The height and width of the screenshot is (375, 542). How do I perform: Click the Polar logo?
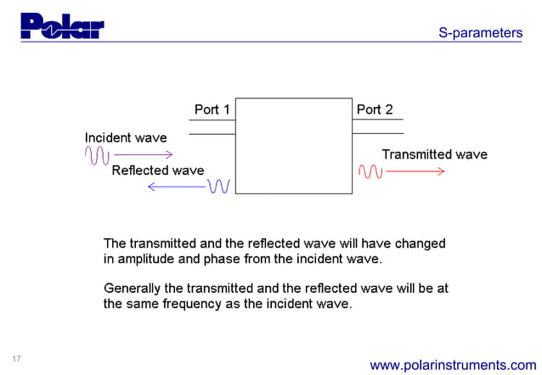(x=61, y=26)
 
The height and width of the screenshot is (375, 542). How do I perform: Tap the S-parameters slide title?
(x=480, y=33)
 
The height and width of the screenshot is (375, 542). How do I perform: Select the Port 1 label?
(x=212, y=109)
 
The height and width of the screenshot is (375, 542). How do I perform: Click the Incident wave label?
(x=126, y=137)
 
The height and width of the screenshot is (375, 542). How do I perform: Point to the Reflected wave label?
(x=158, y=171)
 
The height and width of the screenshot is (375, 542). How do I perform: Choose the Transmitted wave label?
(x=434, y=154)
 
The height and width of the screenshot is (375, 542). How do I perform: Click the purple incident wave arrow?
(x=143, y=154)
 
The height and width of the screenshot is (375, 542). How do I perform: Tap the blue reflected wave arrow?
(x=177, y=187)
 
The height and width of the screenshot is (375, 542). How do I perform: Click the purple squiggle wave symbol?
(x=97, y=154)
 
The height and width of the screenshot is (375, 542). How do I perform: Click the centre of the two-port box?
(x=293, y=146)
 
